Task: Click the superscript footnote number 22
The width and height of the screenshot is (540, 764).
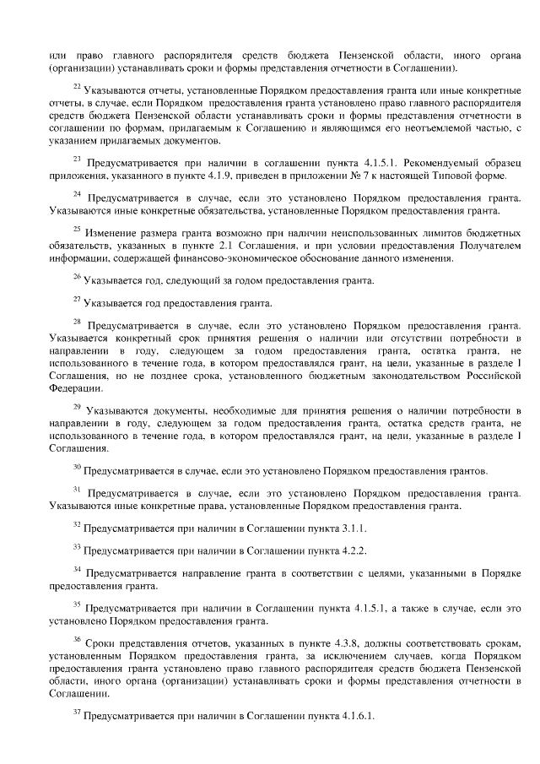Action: click(76, 85)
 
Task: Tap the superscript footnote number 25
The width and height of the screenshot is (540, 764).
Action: click(76, 228)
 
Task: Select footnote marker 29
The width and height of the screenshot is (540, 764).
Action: click(76, 408)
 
